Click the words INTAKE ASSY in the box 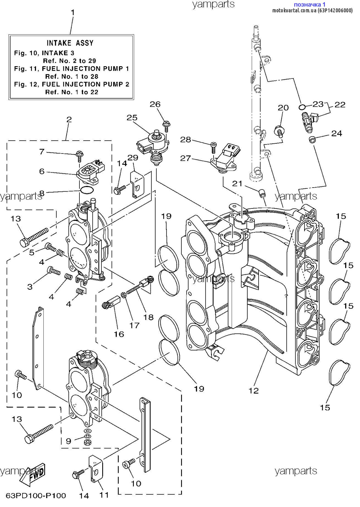coord(70,43)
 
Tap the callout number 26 coord(155,104)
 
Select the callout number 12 coord(254,390)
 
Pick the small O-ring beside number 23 coord(302,107)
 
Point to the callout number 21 coord(237,184)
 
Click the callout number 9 coord(68,441)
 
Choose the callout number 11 coord(104,495)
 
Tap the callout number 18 coord(148,317)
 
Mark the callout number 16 coord(119,334)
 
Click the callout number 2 coord(69,119)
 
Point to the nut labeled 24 coord(312,139)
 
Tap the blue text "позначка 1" coord(310,5)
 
